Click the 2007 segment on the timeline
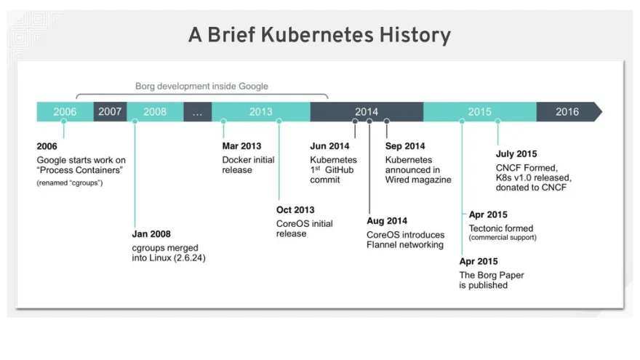[111, 111]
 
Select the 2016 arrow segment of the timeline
[569, 111]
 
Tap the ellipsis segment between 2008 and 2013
[198, 111]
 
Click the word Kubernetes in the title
[317, 35]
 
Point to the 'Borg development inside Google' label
[201, 86]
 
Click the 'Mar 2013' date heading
[241, 146]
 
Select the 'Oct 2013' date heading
[295, 209]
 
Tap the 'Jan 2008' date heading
[151, 234]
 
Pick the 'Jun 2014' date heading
[329, 146]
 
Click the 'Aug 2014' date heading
[387, 221]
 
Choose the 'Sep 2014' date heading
[405, 146]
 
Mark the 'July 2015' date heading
[516, 154]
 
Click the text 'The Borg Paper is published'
[492, 280]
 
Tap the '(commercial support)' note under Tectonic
[503, 238]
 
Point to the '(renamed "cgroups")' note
[70, 183]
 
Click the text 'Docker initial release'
[248, 165]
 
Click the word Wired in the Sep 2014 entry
[397, 180]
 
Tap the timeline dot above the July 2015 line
[497, 121]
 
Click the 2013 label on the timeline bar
[261, 112]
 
